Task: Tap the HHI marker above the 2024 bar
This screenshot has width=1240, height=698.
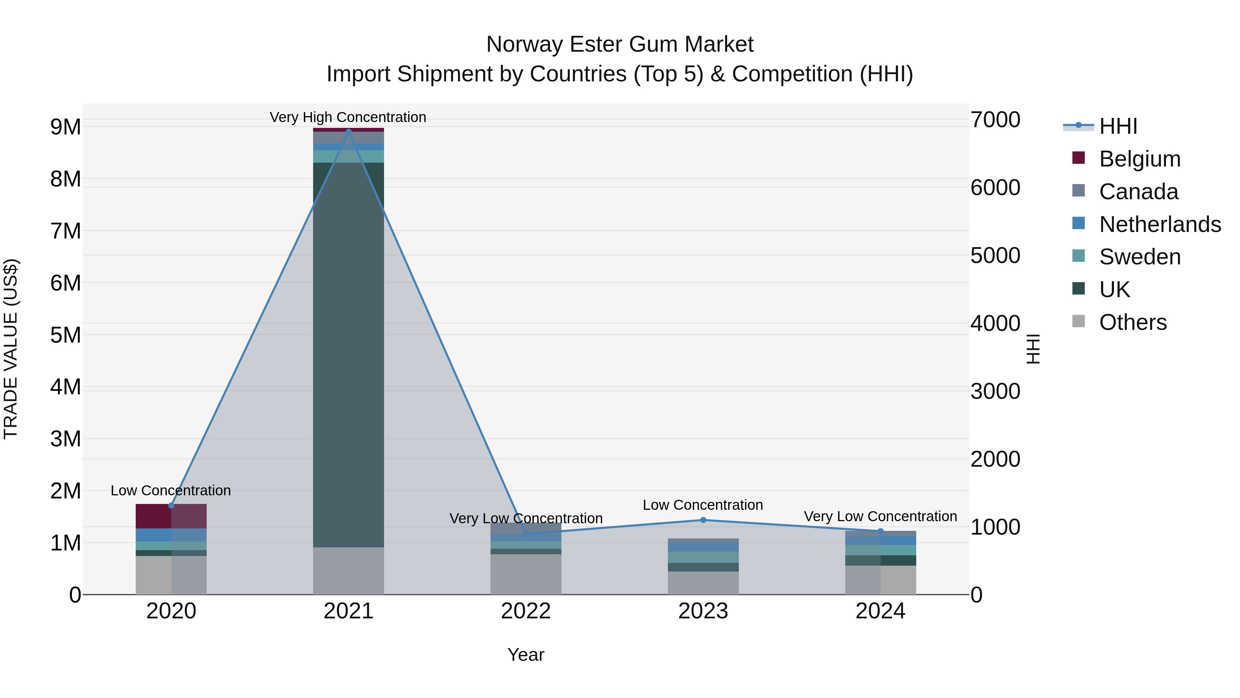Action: [x=880, y=531]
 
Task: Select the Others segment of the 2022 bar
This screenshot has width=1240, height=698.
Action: [x=526, y=574]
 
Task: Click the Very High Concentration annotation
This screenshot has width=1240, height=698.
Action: [x=348, y=117]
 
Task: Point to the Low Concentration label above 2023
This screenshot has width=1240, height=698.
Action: [x=702, y=505]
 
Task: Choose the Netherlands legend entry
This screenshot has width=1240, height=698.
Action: [x=1159, y=224]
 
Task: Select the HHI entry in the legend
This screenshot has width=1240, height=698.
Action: [x=1118, y=126]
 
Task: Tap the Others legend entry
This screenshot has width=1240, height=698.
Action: [x=1132, y=322]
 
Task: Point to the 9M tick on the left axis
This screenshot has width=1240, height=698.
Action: [x=65, y=127]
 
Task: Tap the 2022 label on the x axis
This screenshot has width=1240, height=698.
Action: [x=526, y=611]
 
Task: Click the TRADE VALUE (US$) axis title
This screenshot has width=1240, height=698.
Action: [x=11, y=349]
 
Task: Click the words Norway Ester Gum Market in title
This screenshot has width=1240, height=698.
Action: [x=620, y=44]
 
